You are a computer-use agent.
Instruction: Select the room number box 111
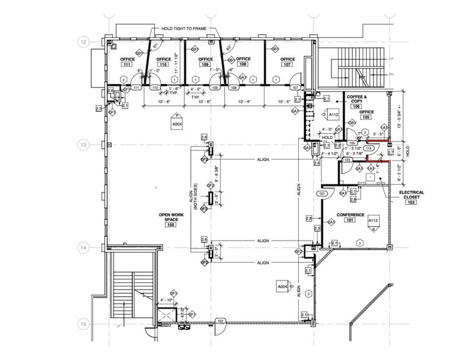tap(127, 64)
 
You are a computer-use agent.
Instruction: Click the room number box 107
tap(287, 64)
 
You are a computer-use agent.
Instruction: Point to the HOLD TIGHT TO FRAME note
tap(184, 29)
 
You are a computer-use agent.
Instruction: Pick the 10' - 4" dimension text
tap(244, 102)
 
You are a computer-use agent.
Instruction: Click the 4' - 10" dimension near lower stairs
tap(167, 300)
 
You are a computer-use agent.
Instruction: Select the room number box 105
tap(366, 118)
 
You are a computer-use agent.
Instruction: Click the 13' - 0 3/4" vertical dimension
tap(400, 116)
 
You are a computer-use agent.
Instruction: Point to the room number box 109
tap(205, 64)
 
